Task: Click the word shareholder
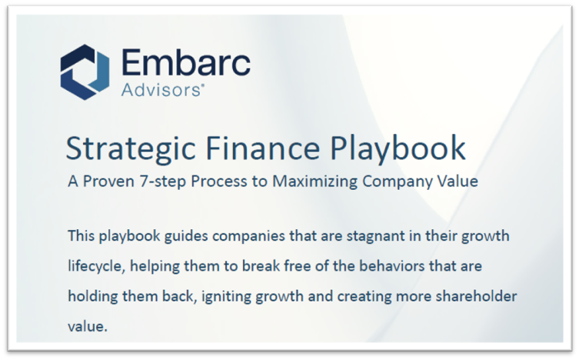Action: (x=478, y=295)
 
